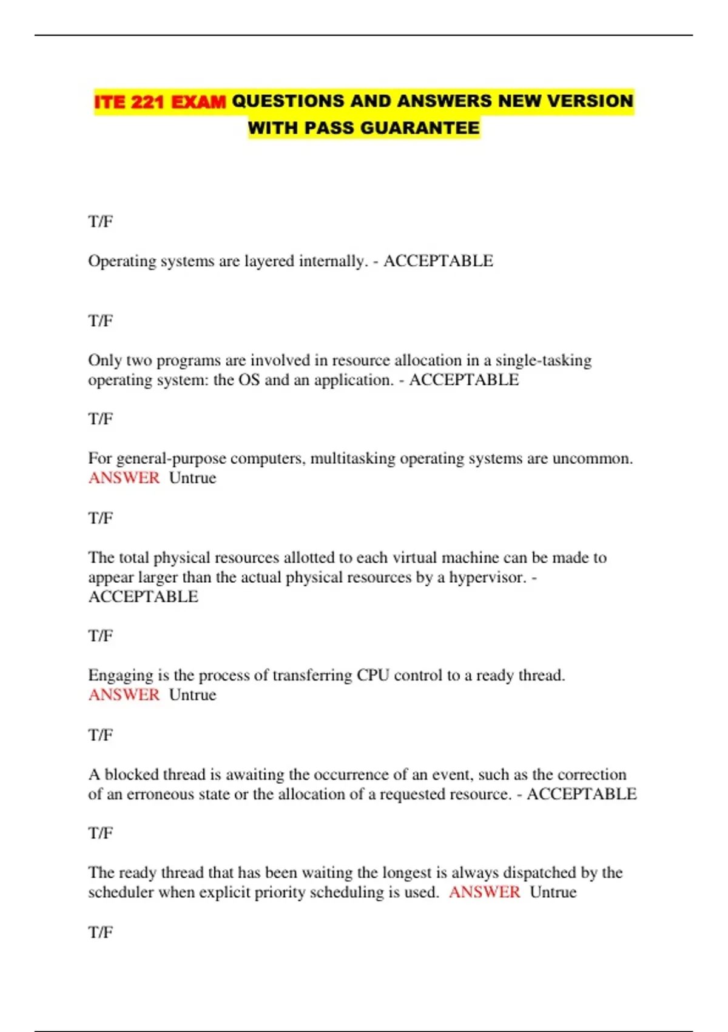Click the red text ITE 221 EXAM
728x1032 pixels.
[160, 101]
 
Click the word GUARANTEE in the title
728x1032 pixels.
[420, 128]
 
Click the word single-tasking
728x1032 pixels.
[544, 361]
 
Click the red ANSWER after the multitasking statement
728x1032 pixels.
[124, 478]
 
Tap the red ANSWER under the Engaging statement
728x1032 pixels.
[124, 695]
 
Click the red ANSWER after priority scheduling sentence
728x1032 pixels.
[485, 892]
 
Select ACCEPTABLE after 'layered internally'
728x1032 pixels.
[438, 261]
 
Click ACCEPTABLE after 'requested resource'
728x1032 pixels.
[581, 794]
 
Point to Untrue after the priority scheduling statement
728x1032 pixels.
[553, 892]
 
